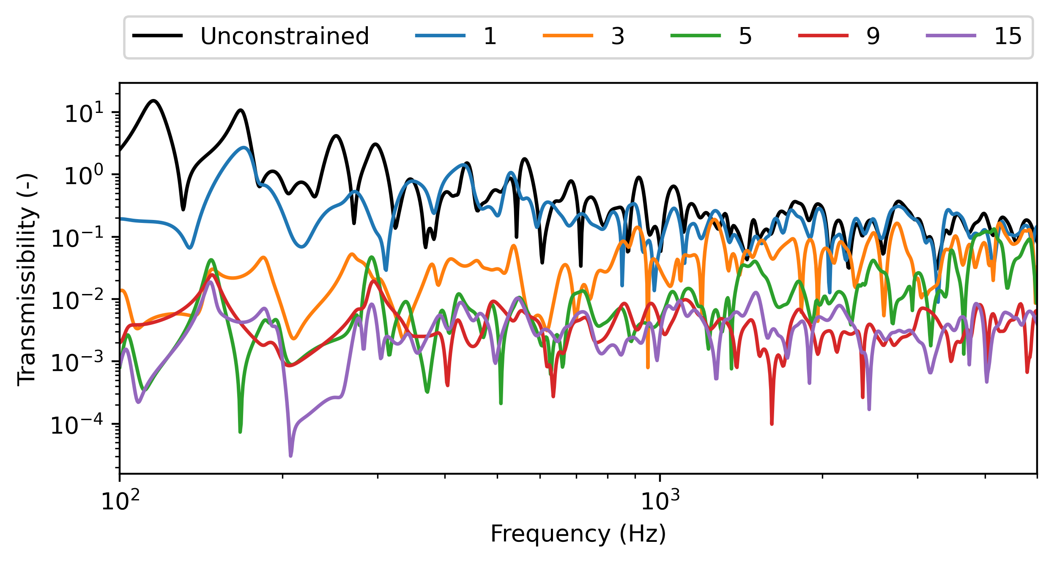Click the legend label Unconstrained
click(285, 36)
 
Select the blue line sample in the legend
click(440, 36)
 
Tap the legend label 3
click(618, 36)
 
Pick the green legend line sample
click(695, 36)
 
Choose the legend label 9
click(873, 36)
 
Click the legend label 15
click(1008, 36)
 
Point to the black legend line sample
click(158, 36)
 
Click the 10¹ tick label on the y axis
click(84, 113)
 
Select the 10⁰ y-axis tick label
click(84, 176)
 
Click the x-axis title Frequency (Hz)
click(578, 534)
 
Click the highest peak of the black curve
click(154, 101)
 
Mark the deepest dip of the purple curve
click(291, 456)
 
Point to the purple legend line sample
click(951, 36)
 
